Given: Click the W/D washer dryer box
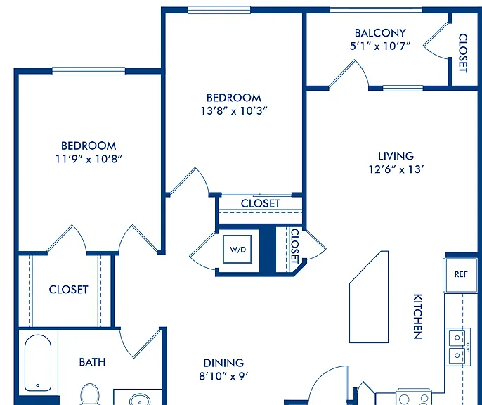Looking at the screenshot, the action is point(237,249).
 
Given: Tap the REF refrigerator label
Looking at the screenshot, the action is point(461,274).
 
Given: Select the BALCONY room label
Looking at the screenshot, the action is point(380,33).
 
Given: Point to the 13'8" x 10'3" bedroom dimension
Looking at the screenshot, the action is point(234,110).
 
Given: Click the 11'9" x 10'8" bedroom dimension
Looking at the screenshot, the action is point(89,159).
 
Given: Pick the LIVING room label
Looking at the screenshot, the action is point(396,156).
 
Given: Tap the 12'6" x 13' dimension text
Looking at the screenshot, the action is point(396,169).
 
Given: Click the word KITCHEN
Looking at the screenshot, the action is point(417,316).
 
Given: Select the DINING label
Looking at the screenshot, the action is point(223,363).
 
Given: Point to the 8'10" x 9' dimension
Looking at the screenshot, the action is point(223,376).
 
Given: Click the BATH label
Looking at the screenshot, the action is point(92,362).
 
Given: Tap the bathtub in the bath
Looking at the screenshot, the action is point(38,363).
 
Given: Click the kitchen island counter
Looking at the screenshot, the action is point(369,297).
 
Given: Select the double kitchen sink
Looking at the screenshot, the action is point(457,347).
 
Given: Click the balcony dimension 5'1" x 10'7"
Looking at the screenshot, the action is point(380,46).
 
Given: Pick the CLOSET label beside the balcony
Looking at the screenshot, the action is point(463,53).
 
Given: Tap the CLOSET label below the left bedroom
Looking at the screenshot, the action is point(69,290).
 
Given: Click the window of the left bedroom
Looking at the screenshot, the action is point(89,71).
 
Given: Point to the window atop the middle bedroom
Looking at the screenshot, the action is point(219,10).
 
